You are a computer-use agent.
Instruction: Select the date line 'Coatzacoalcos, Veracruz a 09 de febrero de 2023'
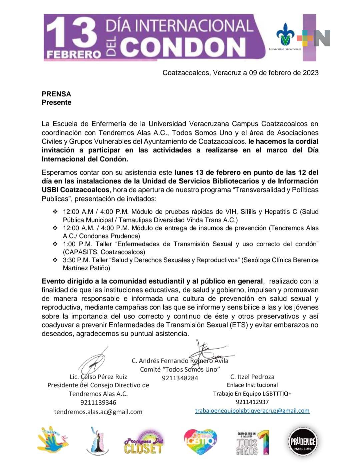(240, 73)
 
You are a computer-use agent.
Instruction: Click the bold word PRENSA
(56, 94)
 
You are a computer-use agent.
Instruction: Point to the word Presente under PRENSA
(56, 102)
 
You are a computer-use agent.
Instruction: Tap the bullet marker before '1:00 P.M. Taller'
(55, 244)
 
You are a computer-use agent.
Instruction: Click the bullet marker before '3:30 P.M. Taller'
(55, 260)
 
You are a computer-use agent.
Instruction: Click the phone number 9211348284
(180, 378)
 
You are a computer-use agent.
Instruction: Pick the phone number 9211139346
(98, 402)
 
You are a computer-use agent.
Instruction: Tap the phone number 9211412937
(252, 402)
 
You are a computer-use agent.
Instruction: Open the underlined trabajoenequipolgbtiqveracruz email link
(252, 411)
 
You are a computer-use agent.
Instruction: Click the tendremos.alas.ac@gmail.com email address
(98, 412)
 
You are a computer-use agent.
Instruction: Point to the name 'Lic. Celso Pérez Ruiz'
(98, 377)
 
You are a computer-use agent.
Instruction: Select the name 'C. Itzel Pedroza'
(252, 377)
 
